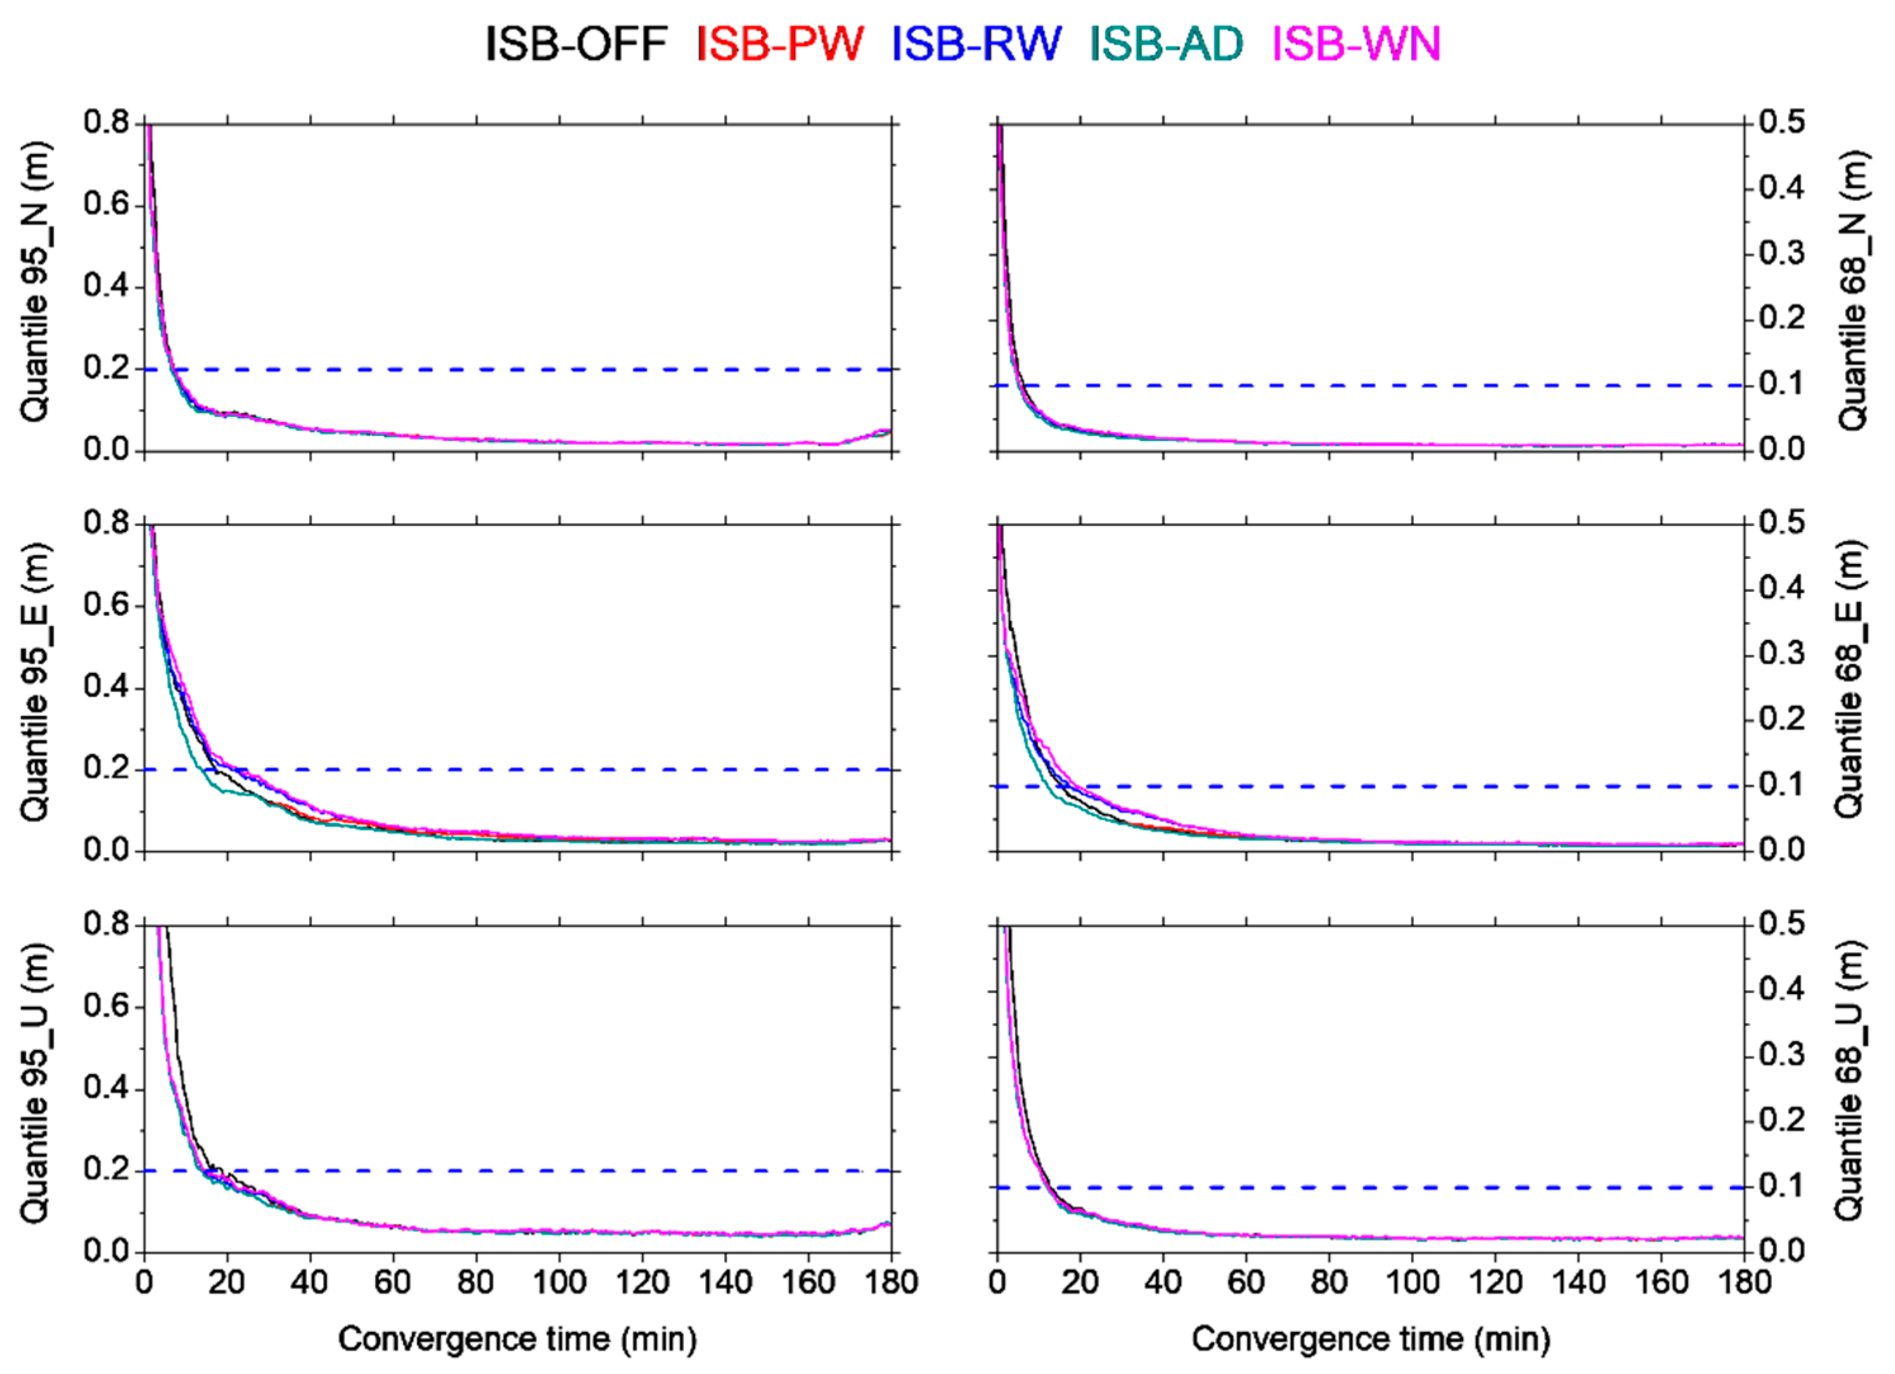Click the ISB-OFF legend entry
(x=576, y=43)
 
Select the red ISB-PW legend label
(x=779, y=43)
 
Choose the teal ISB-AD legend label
(x=1166, y=43)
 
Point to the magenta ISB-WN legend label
(x=1357, y=43)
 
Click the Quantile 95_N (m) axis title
(x=35, y=282)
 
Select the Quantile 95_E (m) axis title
(x=35, y=683)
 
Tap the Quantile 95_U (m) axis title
(x=35, y=1083)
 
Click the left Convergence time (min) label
(x=517, y=1339)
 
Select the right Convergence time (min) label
(x=1370, y=1339)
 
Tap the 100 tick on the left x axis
(x=559, y=1281)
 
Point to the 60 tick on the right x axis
(x=1246, y=1281)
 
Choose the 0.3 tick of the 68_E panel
(x=1779, y=653)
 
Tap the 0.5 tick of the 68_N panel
(x=1779, y=123)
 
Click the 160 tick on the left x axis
(x=808, y=1281)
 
